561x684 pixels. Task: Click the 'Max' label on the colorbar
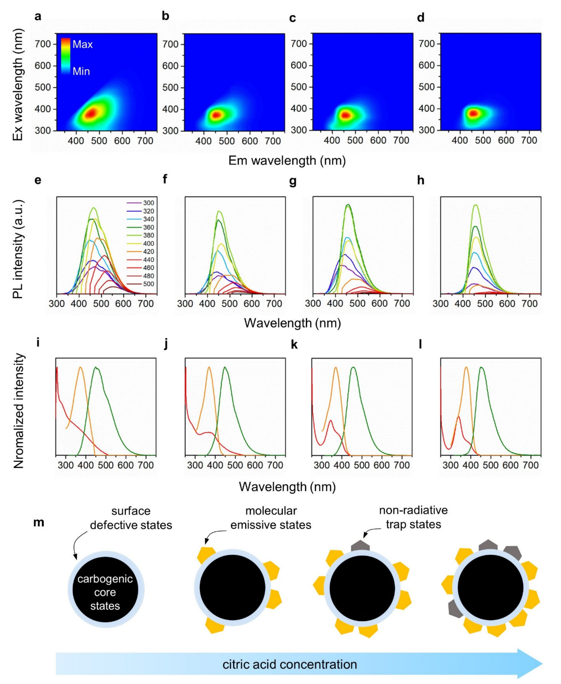[x=82, y=44]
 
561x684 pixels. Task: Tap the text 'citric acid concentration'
[x=290, y=664]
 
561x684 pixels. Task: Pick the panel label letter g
[x=292, y=181]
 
